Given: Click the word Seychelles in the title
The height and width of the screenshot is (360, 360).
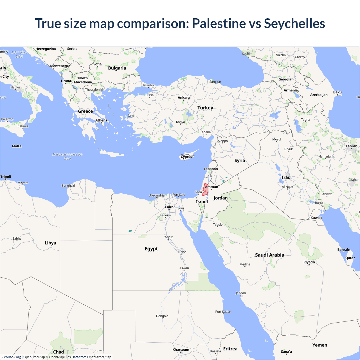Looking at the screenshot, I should [294, 23].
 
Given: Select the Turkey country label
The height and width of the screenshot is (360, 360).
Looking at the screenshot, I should [205, 108].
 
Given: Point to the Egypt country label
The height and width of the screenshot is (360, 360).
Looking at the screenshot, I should [151, 249].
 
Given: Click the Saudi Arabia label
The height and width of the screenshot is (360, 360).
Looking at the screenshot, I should [269, 255].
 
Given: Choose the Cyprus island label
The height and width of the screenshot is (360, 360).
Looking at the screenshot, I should [186, 157].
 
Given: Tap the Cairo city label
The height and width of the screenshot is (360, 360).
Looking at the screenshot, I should [169, 207].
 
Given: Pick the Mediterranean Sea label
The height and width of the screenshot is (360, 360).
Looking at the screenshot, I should [67, 156].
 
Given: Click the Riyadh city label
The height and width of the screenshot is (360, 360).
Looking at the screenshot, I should [309, 262].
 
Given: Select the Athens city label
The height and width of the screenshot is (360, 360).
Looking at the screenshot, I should [101, 120].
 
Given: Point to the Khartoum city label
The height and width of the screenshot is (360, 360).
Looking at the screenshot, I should [181, 350].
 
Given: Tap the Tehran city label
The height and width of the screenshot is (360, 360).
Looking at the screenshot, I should [351, 146].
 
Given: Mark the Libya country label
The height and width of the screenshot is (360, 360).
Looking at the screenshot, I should [50, 243].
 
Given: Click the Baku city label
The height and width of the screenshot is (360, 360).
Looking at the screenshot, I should [337, 92].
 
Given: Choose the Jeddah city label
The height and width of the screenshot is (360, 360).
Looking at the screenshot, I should [241, 293].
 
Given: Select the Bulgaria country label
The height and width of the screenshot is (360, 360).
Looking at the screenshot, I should [117, 68].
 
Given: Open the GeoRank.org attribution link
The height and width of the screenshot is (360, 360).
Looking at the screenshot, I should [11, 357].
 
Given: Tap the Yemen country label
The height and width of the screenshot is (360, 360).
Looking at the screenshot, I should [319, 345].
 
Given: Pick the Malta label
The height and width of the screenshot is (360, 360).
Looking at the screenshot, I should [17, 146].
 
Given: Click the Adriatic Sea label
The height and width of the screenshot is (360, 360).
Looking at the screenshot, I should [19, 54].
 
